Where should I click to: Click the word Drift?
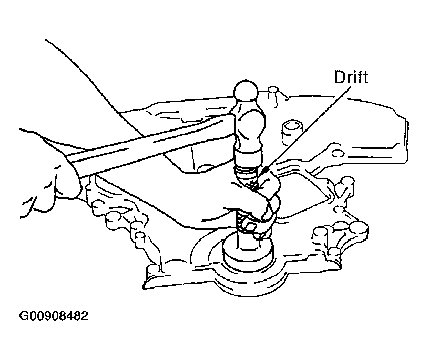coord(351,77)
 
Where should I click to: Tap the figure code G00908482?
coord(54,316)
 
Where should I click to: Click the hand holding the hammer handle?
coord(49,175)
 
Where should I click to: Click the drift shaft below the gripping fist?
coord(241,231)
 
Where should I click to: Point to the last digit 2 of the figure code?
coord(85,316)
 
